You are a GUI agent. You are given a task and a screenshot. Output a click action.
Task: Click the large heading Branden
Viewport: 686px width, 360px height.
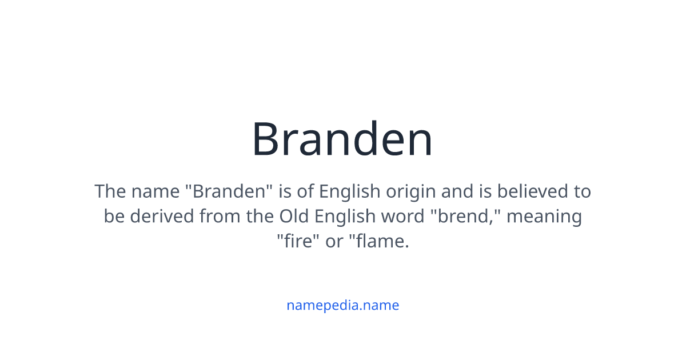(342, 139)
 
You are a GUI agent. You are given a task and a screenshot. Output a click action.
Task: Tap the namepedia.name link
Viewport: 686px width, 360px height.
(342, 305)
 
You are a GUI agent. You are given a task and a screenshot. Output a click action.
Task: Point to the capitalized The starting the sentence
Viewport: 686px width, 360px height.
(110, 191)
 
